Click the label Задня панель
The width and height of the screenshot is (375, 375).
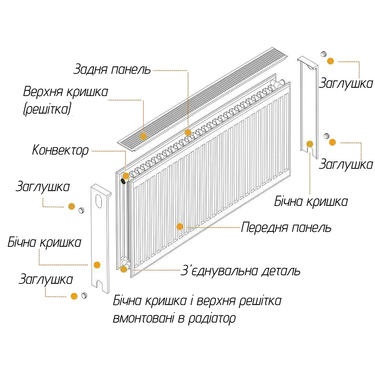click(x=112, y=70)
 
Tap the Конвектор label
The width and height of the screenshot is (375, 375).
click(x=60, y=150)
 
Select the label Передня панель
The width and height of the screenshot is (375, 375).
click(x=286, y=227)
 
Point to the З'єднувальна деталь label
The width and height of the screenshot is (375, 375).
click(x=240, y=271)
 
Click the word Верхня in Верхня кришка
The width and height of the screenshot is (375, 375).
click(x=45, y=92)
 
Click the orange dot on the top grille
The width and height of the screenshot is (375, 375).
click(x=143, y=136)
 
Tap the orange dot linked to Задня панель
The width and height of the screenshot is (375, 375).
click(x=188, y=132)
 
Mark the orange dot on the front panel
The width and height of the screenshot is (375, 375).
click(x=180, y=226)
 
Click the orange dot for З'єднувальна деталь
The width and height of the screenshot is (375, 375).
click(x=124, y=269)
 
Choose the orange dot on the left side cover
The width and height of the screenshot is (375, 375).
click(x=97, y=265)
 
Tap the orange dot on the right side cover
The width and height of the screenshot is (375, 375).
click(x=310, y=144)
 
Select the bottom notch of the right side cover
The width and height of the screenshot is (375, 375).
click(x=310, y=150)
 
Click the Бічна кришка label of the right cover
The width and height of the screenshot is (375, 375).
click(x=311, y=202)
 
